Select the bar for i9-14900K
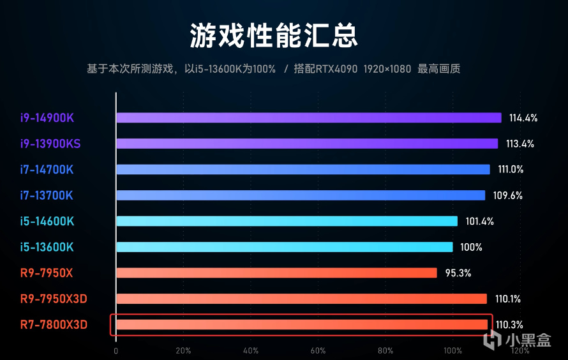point(308,117)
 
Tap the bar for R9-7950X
point(276,273)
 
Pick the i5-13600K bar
point(284,247)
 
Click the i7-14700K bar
point(303,169)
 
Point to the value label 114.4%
point(523,118)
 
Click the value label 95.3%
point(458,273)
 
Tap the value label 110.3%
point(509,325)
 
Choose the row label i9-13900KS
point(50,144)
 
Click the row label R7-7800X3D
point(53,325)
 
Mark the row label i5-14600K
point(47,221)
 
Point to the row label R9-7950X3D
point(53,299)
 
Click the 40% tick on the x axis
point(250,351)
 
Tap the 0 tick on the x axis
point(116,351)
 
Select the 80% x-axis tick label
point(385,351)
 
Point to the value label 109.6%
point(508,196)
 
